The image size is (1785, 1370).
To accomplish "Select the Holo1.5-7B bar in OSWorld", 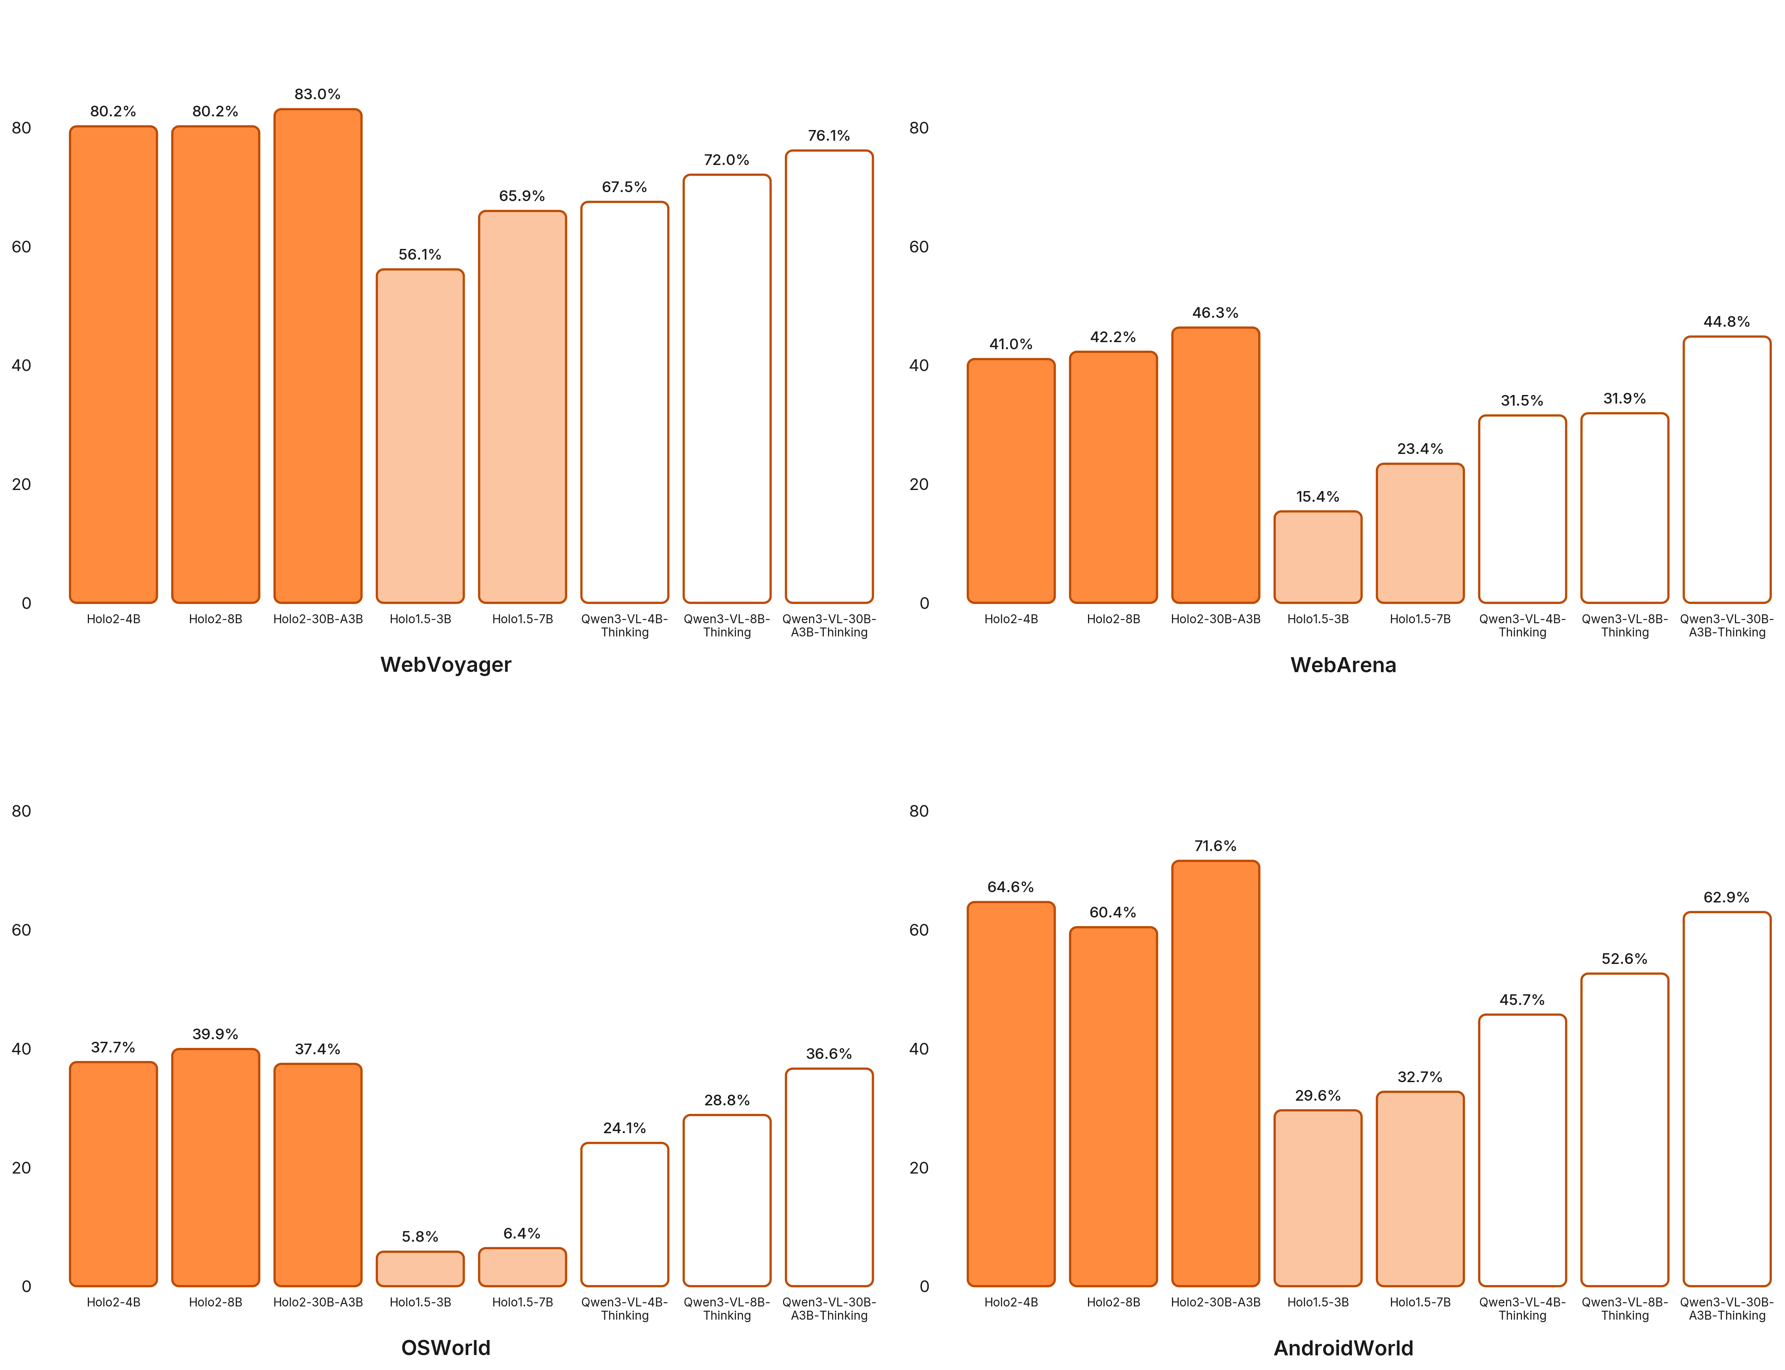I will coord(522,1266).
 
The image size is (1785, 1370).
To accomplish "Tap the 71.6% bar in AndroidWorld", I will coord(1215,1073).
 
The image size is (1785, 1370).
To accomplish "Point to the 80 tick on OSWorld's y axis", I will coord(21,811).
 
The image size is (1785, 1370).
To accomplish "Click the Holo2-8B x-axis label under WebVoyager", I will coord(215,619).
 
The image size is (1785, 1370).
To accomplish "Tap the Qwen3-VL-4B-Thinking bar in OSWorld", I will coord(625,1214).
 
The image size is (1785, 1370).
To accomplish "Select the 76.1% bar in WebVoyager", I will coord(828,377).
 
